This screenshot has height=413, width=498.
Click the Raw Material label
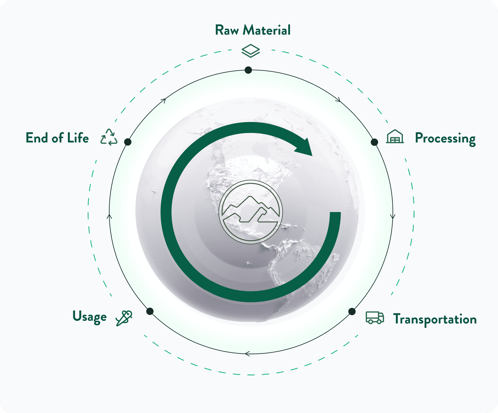coord(253,30)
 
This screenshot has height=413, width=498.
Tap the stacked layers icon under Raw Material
coord(251,51)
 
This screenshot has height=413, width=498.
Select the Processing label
coord(445,138)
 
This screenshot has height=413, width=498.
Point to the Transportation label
coord(435,319)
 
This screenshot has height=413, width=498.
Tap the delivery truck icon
coord(375,318)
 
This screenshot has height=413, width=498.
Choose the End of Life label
coord(57,138)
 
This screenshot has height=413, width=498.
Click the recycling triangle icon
coord(109,137)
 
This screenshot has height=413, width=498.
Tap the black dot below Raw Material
coord(248,70)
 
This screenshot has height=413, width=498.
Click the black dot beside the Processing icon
coord(374,142)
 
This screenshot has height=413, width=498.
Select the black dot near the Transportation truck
coord(352,312)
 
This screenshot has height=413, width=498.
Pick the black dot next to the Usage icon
coord(150,311)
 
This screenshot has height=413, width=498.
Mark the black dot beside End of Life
coord(128,142)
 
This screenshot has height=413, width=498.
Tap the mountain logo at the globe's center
coord(251,212)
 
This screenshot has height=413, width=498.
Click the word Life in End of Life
coord(78,138)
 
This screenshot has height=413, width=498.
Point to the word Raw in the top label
coord(227,30)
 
